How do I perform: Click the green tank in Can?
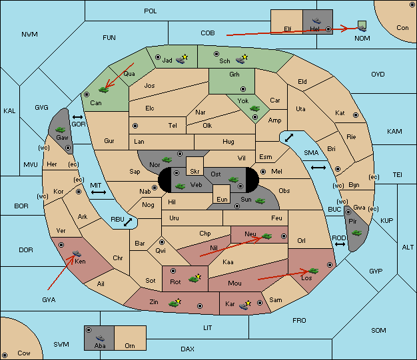[103, 90]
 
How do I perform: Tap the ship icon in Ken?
[77, 254]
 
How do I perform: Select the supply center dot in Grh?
[243, 89]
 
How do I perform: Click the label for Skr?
[195, 172]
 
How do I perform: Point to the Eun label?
[222, 199]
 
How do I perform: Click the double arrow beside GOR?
[77, 117]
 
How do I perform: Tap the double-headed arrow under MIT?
[99, 192]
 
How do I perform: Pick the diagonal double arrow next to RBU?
[128, 222]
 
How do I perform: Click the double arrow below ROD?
[340, 244]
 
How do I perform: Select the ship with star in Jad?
[182, 59]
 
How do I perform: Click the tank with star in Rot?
[195, 278]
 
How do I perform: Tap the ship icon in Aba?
[101, 338]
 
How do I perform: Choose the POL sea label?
[151, 11]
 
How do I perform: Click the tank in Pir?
[356, 233]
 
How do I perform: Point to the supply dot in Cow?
[5, 355]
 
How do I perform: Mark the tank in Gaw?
[61, 129]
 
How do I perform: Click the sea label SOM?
[378, 330]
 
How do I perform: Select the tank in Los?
[313, 271]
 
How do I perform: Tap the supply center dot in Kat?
[356, 115]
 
